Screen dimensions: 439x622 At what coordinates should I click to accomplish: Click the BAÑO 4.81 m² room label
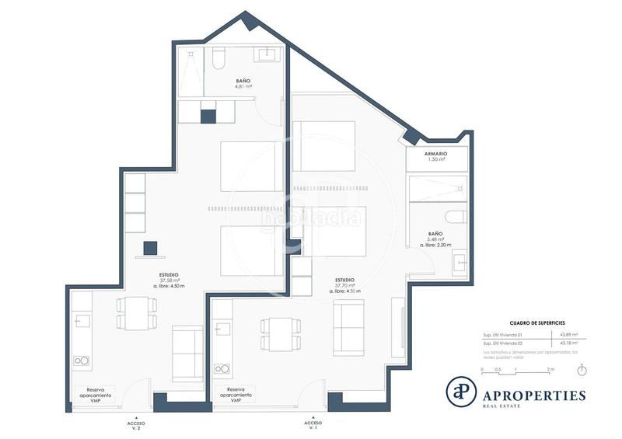click(x=243, y=84)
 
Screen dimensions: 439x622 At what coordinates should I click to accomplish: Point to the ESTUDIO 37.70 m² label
click(x=345, y=283)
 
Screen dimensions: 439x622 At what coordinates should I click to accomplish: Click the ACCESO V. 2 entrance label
click(x=136, y=424)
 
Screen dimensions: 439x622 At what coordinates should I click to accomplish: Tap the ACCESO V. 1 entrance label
click(x=312, y=424)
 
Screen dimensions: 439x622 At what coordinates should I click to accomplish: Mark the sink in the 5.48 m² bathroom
click(x=459, y=260)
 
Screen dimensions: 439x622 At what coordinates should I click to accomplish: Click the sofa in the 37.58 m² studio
click(x=187, y=354)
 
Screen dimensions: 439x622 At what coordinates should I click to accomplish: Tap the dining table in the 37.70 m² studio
click(x=276, y=333)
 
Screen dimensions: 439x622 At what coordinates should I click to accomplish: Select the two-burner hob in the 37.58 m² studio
click(x=82, y=361)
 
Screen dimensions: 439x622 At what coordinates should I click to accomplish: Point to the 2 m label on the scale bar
click(x=550, y=369)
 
